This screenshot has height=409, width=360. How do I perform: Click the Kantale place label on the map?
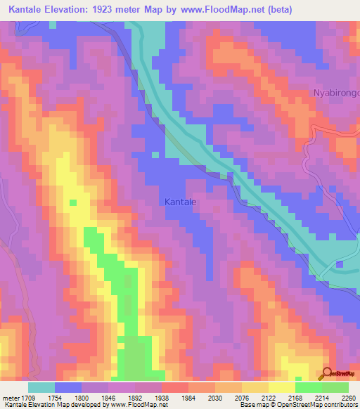click(x=180, y=202)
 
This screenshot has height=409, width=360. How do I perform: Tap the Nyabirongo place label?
click(x=336, y=93)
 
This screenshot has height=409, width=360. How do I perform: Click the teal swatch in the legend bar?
click(x=41, y=387)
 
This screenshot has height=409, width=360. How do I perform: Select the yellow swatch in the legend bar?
click(x=281, y=387)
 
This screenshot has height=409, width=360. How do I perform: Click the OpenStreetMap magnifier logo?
click(x=327, y=373)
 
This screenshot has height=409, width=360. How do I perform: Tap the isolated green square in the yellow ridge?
click(x=72, y=202)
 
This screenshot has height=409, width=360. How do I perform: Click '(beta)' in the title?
click(x=279, y=9)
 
